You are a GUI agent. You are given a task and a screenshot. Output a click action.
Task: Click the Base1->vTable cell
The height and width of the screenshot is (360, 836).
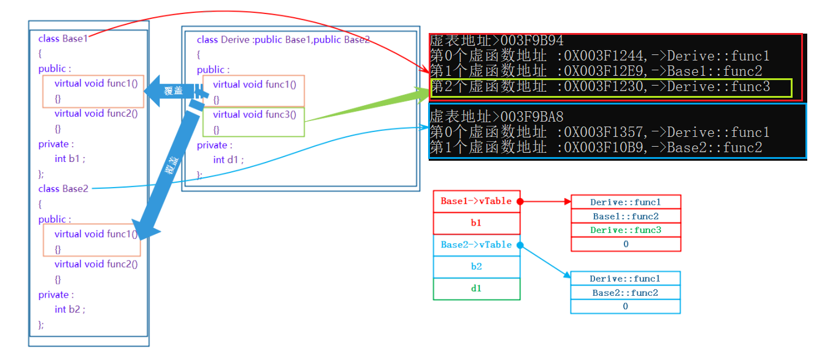476,201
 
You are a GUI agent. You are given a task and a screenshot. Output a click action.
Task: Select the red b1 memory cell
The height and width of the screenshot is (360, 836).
476,223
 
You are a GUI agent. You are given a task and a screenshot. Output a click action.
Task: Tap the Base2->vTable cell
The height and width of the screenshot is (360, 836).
476,244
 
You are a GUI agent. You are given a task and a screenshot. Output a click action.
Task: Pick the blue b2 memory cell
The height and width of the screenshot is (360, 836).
476,266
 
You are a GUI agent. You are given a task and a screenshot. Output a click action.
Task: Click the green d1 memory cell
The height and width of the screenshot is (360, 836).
476,288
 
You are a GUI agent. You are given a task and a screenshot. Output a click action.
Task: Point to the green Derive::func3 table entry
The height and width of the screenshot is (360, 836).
625,230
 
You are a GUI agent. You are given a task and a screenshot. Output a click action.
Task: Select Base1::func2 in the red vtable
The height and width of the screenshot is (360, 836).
625,216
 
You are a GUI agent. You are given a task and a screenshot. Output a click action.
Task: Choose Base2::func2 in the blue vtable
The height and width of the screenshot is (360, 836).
625,293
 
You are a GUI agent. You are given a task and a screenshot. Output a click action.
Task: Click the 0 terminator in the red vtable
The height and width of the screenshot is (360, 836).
625,244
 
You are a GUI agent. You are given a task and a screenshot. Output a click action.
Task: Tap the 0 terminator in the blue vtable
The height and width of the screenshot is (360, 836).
625,307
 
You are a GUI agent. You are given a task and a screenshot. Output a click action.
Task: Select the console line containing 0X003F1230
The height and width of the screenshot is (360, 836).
600,87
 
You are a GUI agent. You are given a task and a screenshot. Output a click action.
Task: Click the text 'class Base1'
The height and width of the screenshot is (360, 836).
63,39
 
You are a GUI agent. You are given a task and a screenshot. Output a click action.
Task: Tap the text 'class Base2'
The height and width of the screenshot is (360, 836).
63,189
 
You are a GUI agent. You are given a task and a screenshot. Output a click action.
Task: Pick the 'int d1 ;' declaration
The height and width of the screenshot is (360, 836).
228,160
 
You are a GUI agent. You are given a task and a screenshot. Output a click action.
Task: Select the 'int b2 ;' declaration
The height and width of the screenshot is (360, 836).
70,309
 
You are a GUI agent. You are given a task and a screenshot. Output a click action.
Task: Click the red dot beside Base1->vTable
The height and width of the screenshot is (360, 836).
520,201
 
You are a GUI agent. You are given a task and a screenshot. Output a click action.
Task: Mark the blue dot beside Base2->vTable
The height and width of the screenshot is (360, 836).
520,245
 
